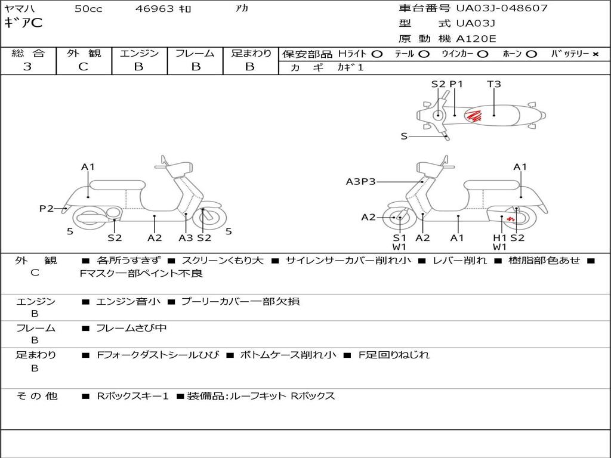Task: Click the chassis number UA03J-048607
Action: tap(501, 8)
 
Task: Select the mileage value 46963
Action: tap(155, 9)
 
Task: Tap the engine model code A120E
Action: tap(477, 39)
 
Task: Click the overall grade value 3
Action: tap(27, 67)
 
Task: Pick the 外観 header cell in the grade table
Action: tap(84, 53)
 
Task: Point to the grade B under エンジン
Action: tap(139, 67)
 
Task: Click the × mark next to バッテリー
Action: tap(595, 54)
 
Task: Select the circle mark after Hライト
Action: tap(377, 54)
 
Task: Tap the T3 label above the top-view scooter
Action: tap(494, 84)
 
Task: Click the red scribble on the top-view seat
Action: tap(474, 115)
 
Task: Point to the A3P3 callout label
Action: tap(360, 181)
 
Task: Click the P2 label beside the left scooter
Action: tap(47, 208)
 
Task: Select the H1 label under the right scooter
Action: tap(499, 237)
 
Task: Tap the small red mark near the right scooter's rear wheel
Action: tap(511, 219)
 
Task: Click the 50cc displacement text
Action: tap(88, 9)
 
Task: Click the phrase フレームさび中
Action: tap(131, 328)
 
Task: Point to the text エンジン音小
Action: tap(128, 302)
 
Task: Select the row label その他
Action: tap(36, 396)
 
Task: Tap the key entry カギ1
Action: tap(350, 67)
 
